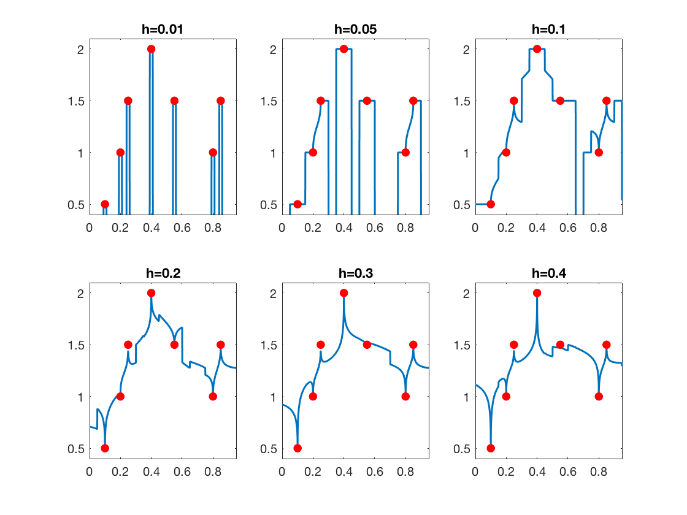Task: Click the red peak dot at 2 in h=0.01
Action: (x=151, y=49)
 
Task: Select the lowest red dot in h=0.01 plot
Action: (x=105, y=204)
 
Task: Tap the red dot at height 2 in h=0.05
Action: (x=343, y=49)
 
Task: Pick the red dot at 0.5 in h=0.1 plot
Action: (x=491, y=204)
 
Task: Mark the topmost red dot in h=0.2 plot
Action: (x=151, y=293)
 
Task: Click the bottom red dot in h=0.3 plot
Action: (x=297, y=448)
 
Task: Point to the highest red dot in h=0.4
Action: (x=537, y=293)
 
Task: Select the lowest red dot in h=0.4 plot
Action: (x=491, y=448)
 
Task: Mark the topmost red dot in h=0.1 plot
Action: (x=537, y=49)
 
